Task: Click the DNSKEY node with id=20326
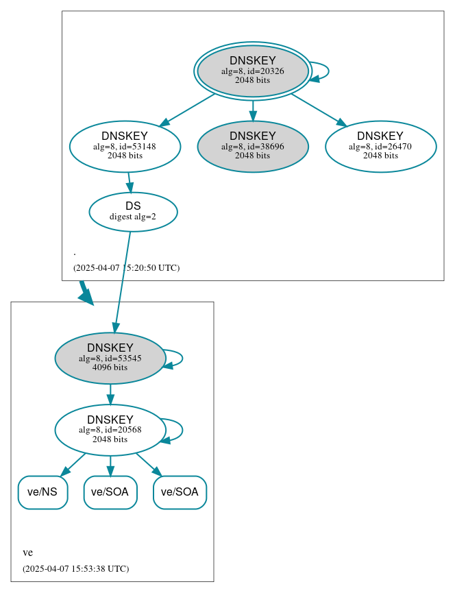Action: tap(252, 71)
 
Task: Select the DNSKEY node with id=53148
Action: tap(125, 146)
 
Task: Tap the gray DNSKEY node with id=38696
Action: tap(252, 146)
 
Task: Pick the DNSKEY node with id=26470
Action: tap(380, 146)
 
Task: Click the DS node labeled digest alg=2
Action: tap(133, 212)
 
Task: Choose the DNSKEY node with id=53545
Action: tap(110, 358)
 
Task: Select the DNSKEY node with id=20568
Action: tap(110, 430)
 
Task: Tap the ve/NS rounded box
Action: tap(42, 492)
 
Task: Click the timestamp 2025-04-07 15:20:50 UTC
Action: tap(126, 268)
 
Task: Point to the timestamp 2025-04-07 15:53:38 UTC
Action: tap(75, 569)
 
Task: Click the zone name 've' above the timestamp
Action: tap(27, 553)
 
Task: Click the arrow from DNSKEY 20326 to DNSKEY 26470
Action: tap(319, 110)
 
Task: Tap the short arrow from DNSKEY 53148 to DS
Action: tap(129, 182)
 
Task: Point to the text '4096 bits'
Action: tap(110, 367)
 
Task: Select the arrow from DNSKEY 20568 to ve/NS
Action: tap(73, 464)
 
